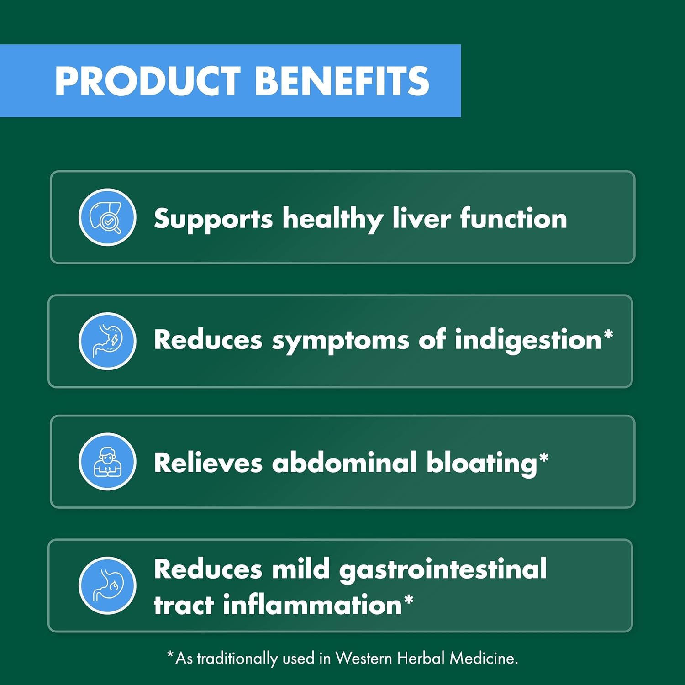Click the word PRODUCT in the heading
tap(147, 81)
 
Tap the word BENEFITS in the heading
tap(342, 81)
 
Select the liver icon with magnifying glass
tap(107, 217)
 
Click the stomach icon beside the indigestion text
tap(107, 341)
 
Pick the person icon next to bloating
tap(107, 462)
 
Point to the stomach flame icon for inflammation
tap(107, 585)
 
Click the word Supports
tap(213, 219)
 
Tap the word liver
tap(422, 218)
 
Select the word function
tap(513, 218)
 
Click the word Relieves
tap(208, 463)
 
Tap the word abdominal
tap(344, 463)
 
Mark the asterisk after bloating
tap(543, 458)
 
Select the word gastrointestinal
tap(443, 570)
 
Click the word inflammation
tap(312, 605)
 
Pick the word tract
tap(184, 605)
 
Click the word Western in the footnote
tap(364, 658)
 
